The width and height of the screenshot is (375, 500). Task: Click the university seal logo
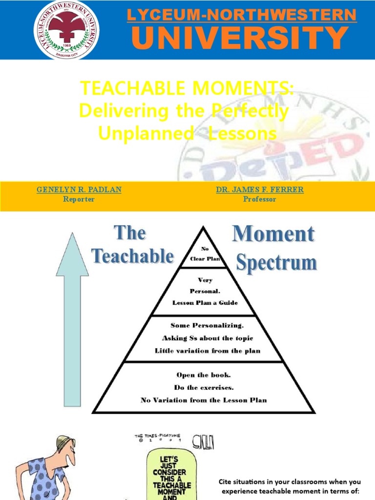point(66,30)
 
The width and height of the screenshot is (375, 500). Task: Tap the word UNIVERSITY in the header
point(240,39)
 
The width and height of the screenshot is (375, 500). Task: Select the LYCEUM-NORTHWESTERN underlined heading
point(242,15)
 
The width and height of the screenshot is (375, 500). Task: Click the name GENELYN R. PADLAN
point(79,189)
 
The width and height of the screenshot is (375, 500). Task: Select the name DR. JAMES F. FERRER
point(259,189)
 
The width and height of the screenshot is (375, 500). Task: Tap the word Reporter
point(79,199)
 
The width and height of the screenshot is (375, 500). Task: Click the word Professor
point(259,199)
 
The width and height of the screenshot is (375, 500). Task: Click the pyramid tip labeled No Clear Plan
point(205,254)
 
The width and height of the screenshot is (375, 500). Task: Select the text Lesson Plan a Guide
point(205,303)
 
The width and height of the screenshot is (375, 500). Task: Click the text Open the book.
point(204,375)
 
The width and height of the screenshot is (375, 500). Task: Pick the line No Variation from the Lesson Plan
point(204,400)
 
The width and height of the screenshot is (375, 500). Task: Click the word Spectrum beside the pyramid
point(276,263)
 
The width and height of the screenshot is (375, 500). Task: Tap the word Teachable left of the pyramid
point(133,256)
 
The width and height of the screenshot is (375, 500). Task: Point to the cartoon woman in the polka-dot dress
point(46,469)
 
